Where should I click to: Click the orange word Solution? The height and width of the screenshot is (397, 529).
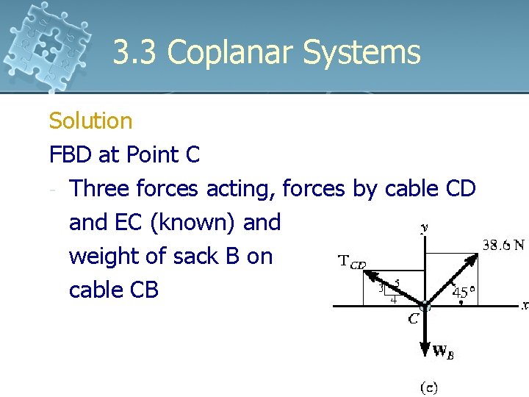tap(90, 121)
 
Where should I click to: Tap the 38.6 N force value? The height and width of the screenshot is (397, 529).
tap(503, 245)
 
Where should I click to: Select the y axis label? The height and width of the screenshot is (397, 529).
tap(424, 229)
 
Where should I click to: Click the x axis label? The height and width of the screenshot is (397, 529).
tap(525, 305)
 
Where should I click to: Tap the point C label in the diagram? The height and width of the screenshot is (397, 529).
tap(414, 318)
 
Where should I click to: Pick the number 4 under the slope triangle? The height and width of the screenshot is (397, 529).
tap(394, 299)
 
